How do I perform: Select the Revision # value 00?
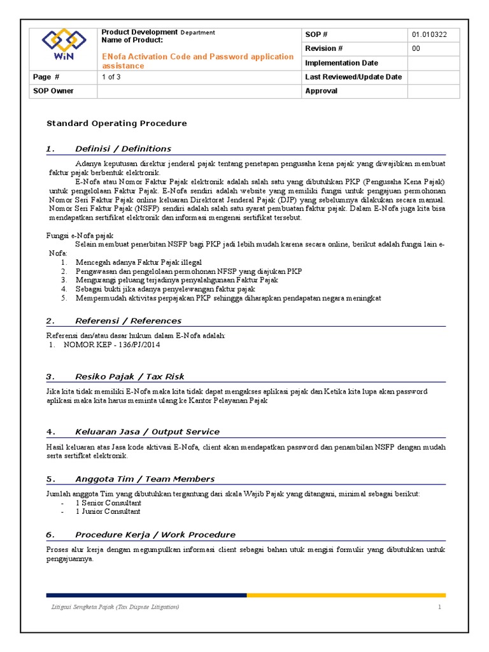[416, 48]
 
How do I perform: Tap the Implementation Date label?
[341, 63]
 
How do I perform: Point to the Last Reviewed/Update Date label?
[353, 77]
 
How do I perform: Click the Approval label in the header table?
[322, 91]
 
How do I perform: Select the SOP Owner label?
[53, 91]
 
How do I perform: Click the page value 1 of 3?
[112, 77]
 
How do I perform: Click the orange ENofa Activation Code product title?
[197, 61]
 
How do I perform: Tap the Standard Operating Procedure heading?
[118, 124]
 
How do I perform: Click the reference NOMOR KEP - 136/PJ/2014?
[111, 345]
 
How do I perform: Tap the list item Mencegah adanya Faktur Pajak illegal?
[138, 262]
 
